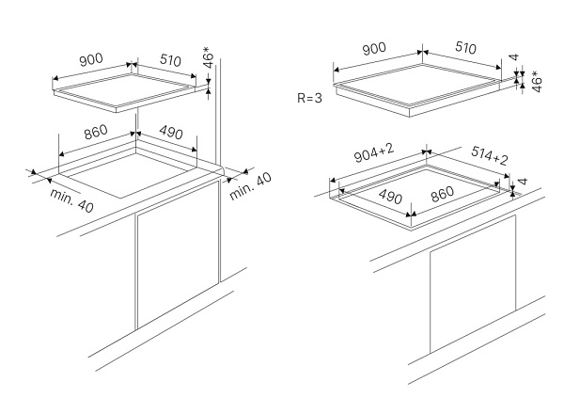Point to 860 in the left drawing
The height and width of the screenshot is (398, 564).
[x=96, y=133]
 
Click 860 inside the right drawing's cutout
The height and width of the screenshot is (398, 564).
[x=438, y=195]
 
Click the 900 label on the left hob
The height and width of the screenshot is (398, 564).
[x=90, y=60]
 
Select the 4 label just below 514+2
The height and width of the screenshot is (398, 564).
[x=522, y=181]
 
